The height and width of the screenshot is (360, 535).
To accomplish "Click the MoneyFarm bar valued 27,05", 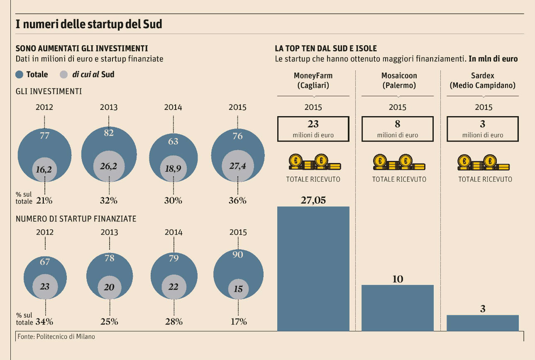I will pyautogui.click(x=313, y=268).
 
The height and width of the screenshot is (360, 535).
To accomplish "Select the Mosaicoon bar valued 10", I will pyautogui.click(x=398, y=308).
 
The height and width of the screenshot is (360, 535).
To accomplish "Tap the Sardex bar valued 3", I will pyautogui.click(x=482, y=323).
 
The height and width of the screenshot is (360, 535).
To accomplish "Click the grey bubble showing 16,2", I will pyautogui.click(x=44, y=170).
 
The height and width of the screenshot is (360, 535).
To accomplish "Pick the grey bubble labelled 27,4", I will pyautogui.click(x=237, y=166).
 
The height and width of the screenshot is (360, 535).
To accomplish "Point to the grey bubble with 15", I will pyautogui.click(x=238, y=289).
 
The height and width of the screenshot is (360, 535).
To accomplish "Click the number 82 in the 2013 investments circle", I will pyautogui.click(x=109, y=133).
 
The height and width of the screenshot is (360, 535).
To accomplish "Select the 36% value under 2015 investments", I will pyautogui.click(x=237, y=201).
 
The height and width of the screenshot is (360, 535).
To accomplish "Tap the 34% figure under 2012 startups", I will pyautogui.click(x=44, y=321).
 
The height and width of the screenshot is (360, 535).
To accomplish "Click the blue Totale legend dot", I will pyautogui.click(x=20, y=75).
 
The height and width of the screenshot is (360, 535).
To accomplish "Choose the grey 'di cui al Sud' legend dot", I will pyautogui.click(x=64, y=75).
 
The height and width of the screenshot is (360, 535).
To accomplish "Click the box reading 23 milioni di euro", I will pyautogui.click(x=313, y=128).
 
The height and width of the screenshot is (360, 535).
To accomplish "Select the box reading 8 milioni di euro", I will pyautogui.click(x=398, y=128).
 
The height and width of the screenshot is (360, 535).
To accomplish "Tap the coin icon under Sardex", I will pyautogui.click(x=483, y=163).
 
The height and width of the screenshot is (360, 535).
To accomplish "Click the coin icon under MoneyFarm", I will pyautogui.click(x=314, y=163).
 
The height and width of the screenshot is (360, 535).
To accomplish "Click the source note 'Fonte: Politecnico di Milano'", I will pyautogui.click(x=56, y=337).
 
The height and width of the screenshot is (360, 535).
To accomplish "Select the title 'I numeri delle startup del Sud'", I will pyautogui.click(x=88, y=24).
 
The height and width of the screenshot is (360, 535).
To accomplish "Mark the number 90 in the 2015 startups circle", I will pyautogui.click(x=238, y=255).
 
